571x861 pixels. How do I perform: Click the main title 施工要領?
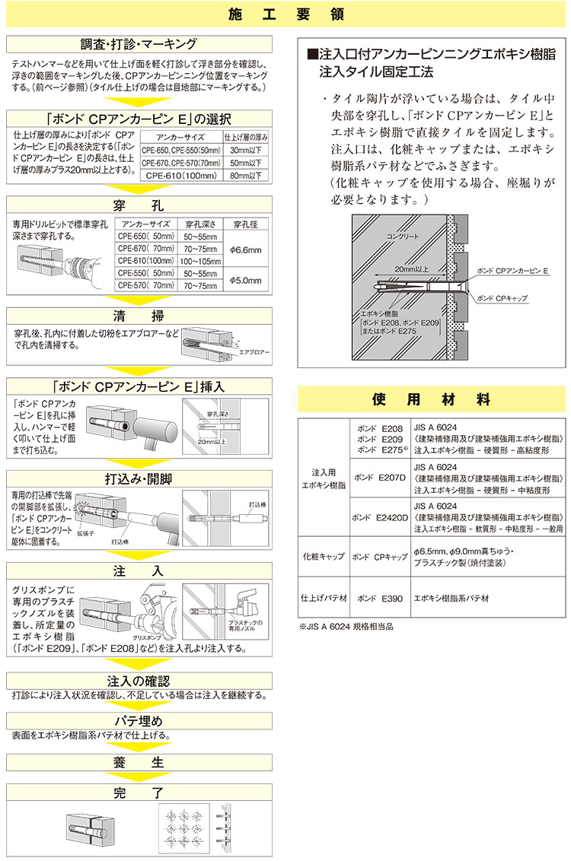pyautogui.click(x=285, y=15)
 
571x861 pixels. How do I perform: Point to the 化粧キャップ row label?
pyautogui.click(x=324, y=557)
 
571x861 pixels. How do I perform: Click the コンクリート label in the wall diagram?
pyautogui.click(x=404, y=237)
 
